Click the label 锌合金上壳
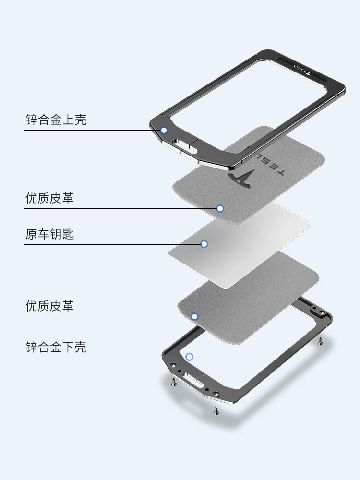click(x=56, y=120)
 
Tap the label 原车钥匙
click(x=49, y=234)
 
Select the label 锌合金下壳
click(x=56, y=347)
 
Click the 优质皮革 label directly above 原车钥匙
click(x=49, y=198)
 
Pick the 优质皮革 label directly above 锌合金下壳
click(x=49, y=306)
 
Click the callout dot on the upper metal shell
click(x=164, y=130)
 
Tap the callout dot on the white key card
click(x=204, y=244)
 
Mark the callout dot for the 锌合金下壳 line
click(x=190, y=357)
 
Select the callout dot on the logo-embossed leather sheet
click(x=220, y=208)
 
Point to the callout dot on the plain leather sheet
click(x=195, y=316)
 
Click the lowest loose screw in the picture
click(x=216, y=411)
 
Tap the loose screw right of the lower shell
click(x=320, y=341)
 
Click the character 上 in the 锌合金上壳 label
click(x=68, y=120)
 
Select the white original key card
click(x=240, y=245)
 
